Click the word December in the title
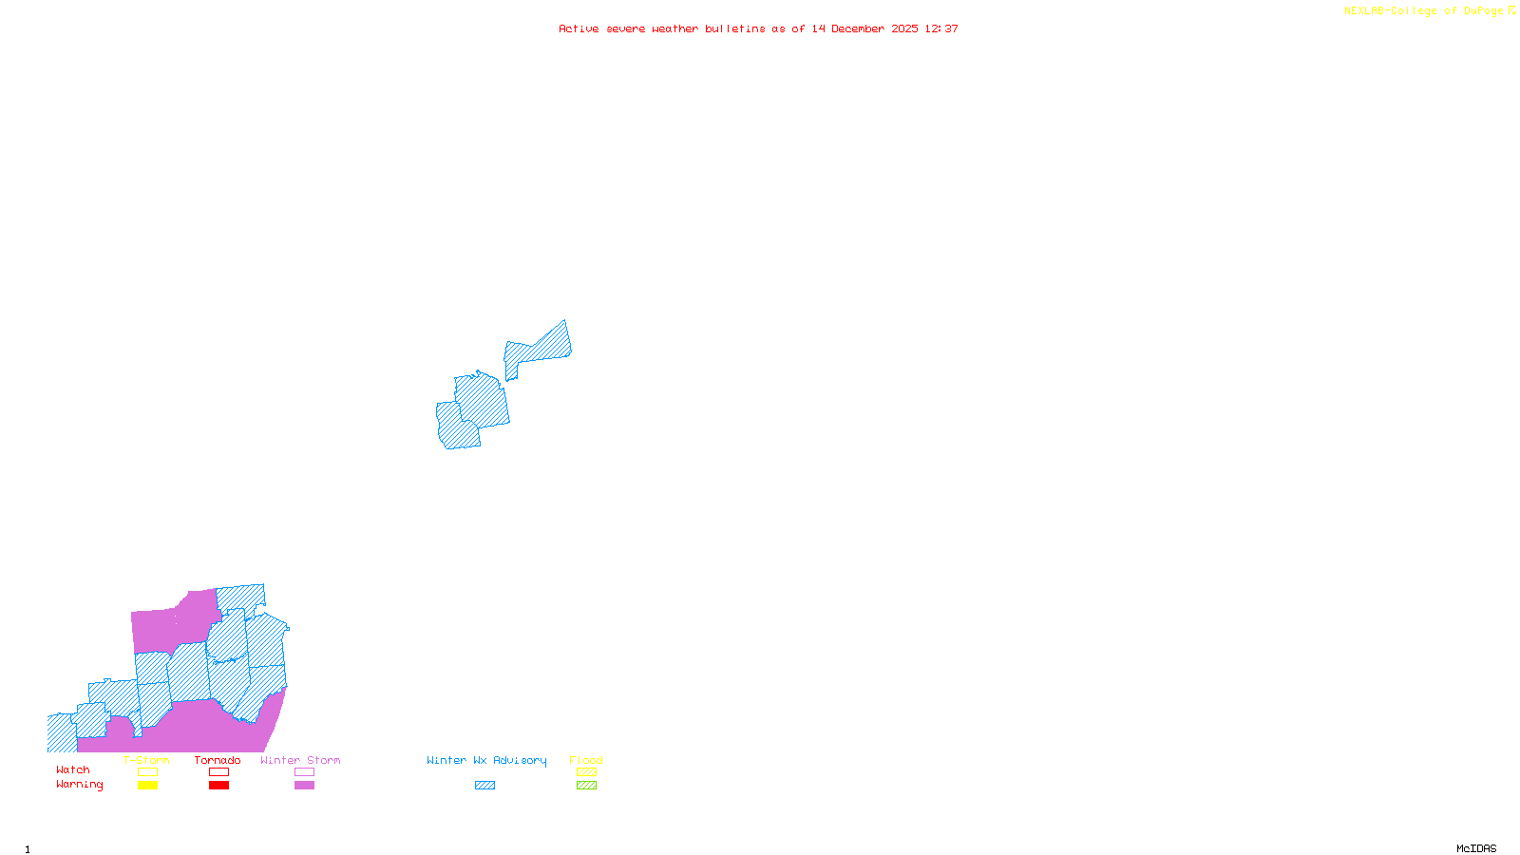click(x=858, y=28)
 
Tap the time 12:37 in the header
click(x=941, y=28)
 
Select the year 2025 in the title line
click(x=904, y=28)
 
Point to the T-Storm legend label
click(x=146, y=760)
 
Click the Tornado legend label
click(x=218, y=760)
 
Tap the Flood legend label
click(x=586, y=760)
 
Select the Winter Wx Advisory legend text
click(x=486, y=760)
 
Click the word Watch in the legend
click(x=73, y=769)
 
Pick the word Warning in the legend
click(x=80, y=785)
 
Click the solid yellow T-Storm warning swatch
click(x=147, y=786)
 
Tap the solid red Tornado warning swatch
click(x=218, y=786)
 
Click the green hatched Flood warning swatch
click(x=586, y=786)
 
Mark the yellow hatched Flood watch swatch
click(x=586, y=772)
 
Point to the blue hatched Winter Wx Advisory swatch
click(x=484, y=786)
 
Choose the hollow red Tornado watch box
click(x=218, y=772)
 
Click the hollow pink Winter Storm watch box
click(x=304, y=772)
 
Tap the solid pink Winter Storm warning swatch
click(x=304, y=786)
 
